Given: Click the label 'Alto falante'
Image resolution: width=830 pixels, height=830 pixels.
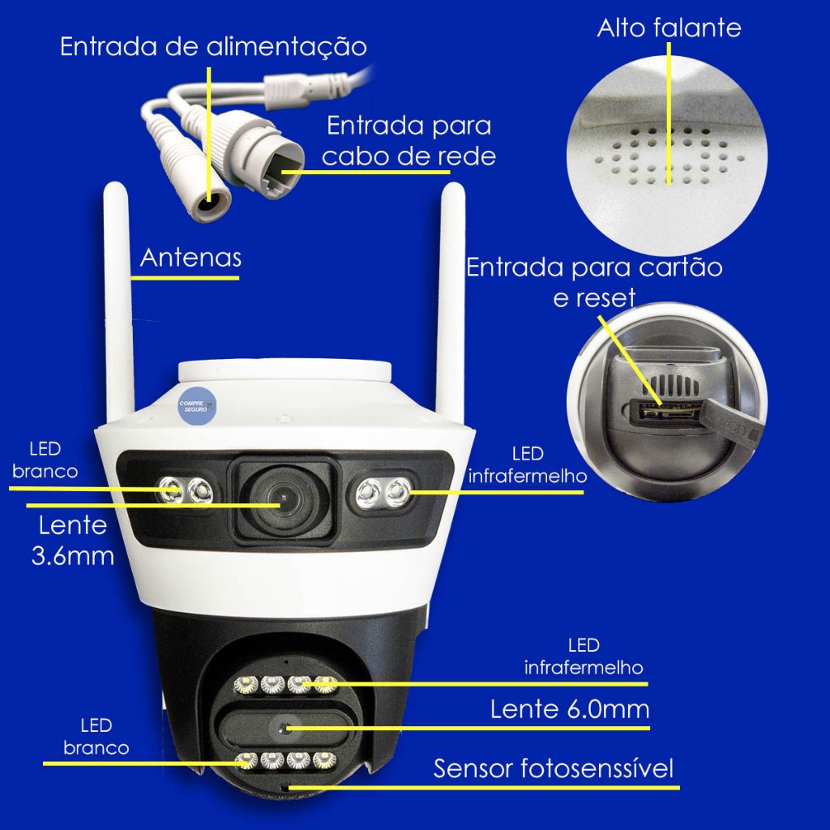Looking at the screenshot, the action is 669,28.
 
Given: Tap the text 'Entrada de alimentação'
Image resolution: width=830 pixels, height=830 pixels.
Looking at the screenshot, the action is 213,46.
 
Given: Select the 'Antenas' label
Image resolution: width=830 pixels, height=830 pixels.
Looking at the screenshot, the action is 190,258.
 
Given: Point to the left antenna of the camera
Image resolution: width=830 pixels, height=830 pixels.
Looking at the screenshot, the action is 118,302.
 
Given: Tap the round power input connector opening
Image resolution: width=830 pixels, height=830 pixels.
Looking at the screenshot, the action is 211,202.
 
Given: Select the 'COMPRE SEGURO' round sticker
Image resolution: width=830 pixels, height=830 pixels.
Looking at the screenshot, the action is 196,406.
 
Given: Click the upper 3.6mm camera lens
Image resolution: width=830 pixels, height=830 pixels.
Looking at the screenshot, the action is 284,499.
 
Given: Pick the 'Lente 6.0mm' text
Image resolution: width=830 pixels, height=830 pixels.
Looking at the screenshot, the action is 570,709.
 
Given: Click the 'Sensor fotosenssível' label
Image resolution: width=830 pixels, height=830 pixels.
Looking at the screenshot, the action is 553,768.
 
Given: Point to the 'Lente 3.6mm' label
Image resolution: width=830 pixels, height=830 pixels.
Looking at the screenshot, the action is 73,541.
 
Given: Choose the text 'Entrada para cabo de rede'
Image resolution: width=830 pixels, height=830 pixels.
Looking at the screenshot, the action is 409,141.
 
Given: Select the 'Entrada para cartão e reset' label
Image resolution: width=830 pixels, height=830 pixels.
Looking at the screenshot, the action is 594,283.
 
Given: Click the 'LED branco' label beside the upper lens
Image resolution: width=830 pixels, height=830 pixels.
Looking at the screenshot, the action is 45,460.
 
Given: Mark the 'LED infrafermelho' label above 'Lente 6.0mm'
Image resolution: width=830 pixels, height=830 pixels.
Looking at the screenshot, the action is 584,657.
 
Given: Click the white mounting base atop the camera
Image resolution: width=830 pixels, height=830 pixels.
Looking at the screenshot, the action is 285,370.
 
